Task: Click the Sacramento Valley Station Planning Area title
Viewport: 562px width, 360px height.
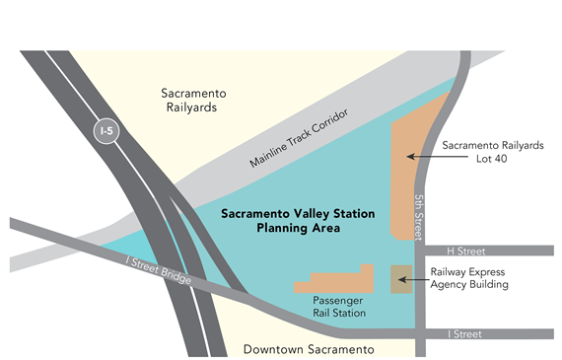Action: [x=280, y=220]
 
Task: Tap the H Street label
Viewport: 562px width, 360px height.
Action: [x=463, y=251]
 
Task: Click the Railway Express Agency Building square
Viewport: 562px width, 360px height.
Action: [x=400, y=279]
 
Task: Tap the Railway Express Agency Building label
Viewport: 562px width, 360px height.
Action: [x=469, y=278]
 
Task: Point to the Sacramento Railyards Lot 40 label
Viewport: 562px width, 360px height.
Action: [x=492, y=151]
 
